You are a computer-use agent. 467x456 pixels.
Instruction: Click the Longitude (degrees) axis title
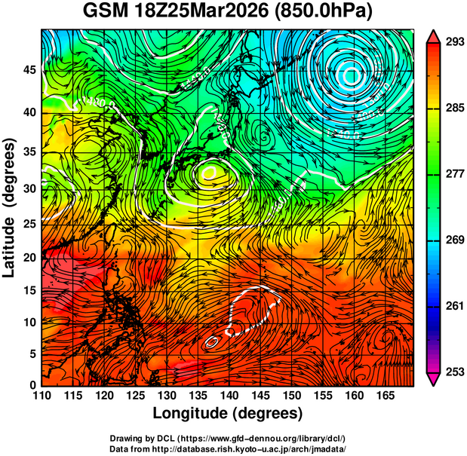pyautogui.click(x=227, y=413)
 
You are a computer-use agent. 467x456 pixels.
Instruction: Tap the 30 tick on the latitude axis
pyautogui.click(x=30, y=188)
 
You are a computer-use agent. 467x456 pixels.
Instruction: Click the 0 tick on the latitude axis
pyautogui.click(x=34, y=384)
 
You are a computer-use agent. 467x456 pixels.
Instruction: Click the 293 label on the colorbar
pyautogui.click(x=452, y=42)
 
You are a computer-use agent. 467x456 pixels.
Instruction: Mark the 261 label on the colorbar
pyautogui.click(x=452, y=306)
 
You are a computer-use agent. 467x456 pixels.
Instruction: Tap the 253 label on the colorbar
pyautogui.click(x=452, y=372)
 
